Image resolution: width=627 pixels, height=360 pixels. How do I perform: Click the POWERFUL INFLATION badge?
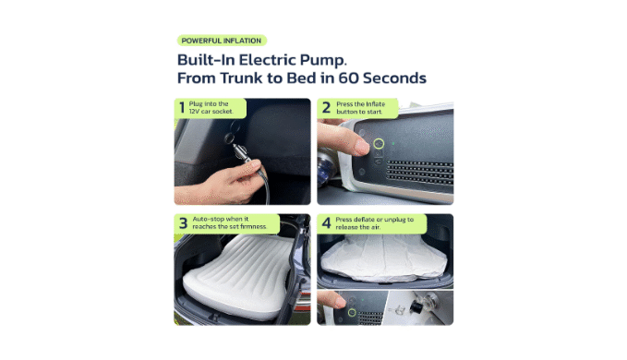[x=222, y=41]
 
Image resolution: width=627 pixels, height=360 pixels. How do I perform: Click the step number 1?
[x=182, y=107]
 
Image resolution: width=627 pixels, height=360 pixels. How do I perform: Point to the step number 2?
[x=326, y=107]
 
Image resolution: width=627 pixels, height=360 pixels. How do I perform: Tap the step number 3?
[x=183, y=223]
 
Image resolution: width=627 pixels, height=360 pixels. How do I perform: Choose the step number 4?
[x=326, y=223]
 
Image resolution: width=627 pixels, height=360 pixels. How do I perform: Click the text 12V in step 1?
[x=194, y=112]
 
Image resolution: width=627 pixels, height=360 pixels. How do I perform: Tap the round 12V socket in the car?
[x=229, y=138]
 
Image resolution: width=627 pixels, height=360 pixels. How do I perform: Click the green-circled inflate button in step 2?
[x=379, y=143]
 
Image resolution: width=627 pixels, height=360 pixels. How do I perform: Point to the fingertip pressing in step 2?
[x=361, y=147]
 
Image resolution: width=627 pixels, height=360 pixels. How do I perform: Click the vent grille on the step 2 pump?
[x=420, y=172]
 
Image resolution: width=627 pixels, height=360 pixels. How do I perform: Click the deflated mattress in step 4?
[x=383, y=258]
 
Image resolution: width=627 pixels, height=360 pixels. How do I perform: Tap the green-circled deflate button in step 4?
[x=352, y=312]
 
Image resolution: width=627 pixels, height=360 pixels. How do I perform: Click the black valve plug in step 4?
[x=416, y=306]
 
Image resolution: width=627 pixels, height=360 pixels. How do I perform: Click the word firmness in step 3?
[x=253, y=226]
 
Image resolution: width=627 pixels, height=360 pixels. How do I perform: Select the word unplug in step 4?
[x=394, y=220]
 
